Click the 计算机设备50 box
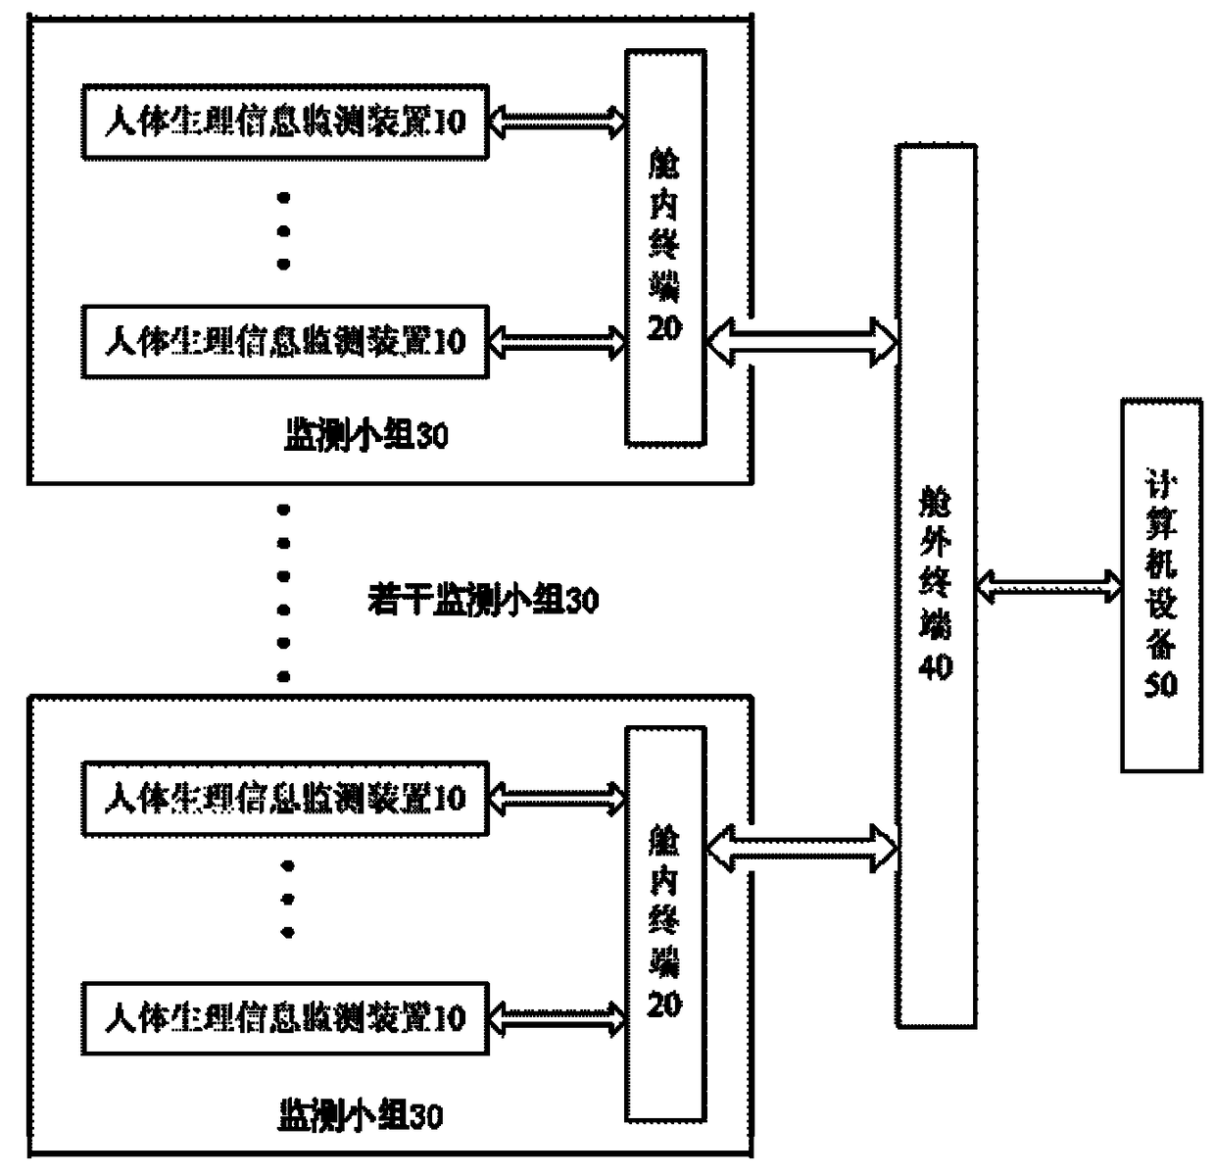tap(1161, 585)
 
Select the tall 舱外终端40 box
tap(936, 586)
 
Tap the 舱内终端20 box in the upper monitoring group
tap(665, 248)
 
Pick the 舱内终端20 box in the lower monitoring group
tap(665, 923)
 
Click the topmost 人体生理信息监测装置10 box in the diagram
tap(284, 122)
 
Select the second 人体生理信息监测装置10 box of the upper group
tap(284, 342)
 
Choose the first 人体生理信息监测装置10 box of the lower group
tap(284, 799)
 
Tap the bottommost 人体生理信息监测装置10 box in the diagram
tap(284, 1018)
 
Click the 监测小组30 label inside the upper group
tap(366, 435)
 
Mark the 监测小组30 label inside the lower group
tap(361, 1115)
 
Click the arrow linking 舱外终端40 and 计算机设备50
tap(1049, 586)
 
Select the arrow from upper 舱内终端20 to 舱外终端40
tap(801, 341)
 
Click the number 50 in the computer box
tap(1161, 684)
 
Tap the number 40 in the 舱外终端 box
tap(936, 666)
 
